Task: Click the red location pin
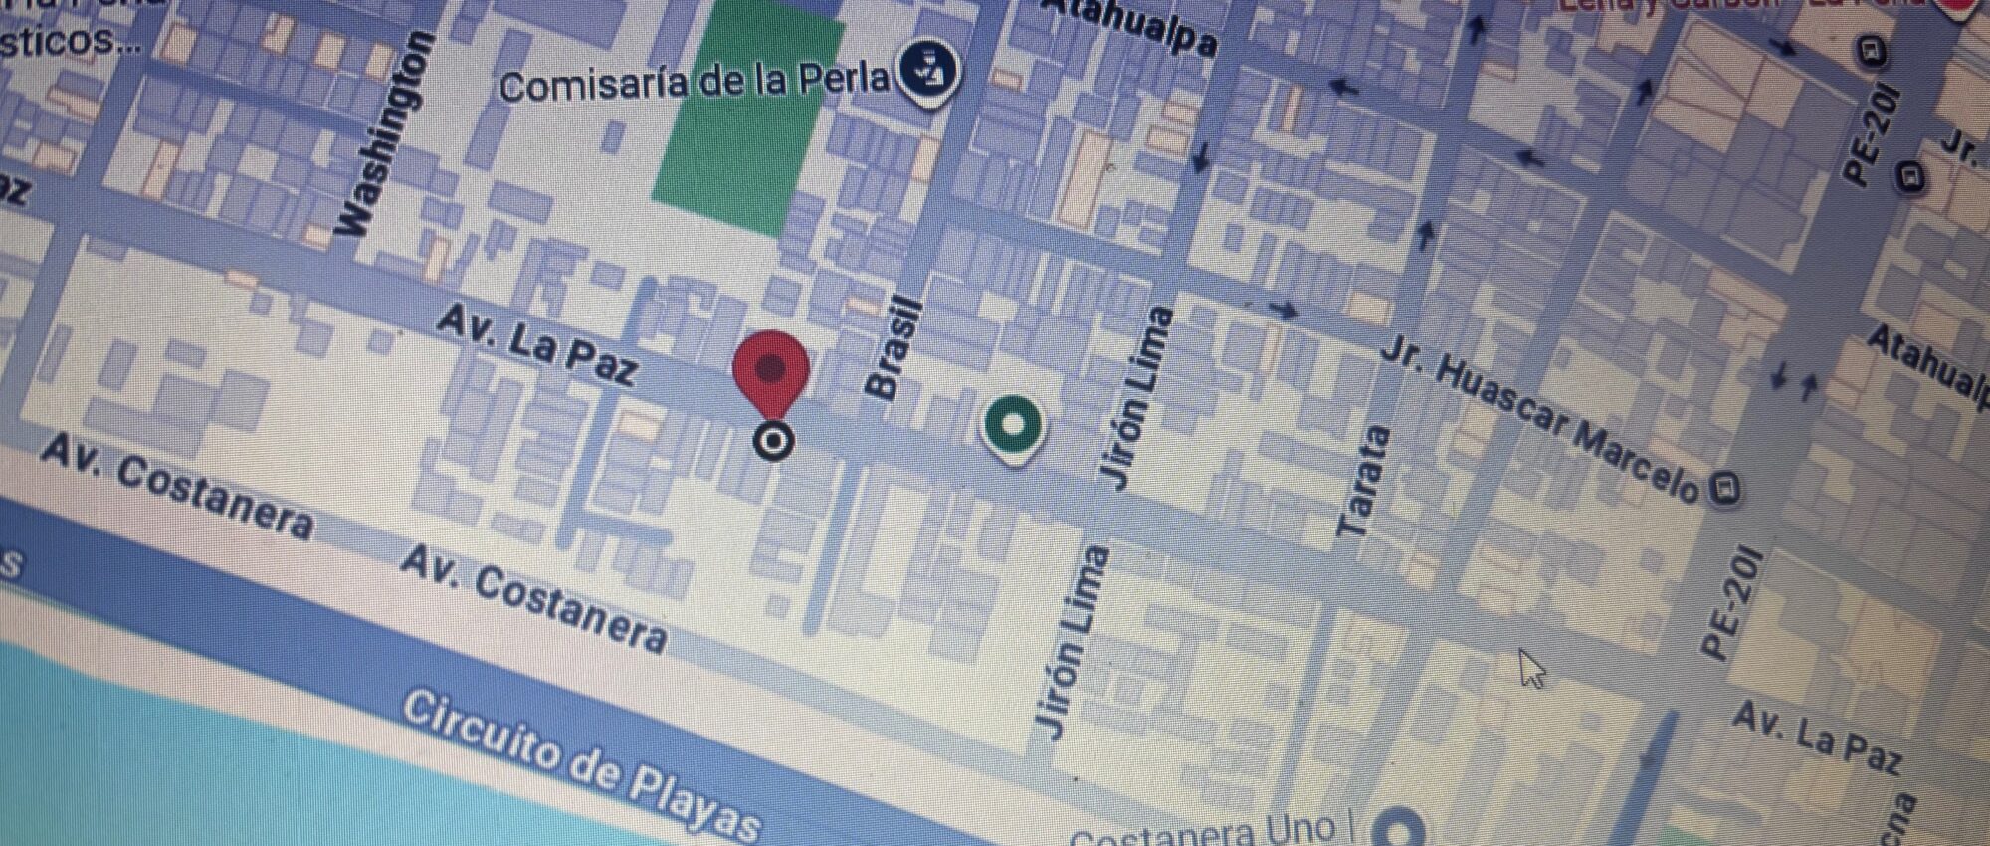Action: coord(771,373)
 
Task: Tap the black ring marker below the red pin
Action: coord(773,440)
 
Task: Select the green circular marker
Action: coord(1012,425)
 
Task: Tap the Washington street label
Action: coord(385,134)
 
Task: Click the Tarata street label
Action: coord(1362,482)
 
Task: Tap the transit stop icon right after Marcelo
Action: coord(1724,488)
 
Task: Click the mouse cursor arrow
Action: coord(1531,668)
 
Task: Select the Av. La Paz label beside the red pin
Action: coord(537,344)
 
